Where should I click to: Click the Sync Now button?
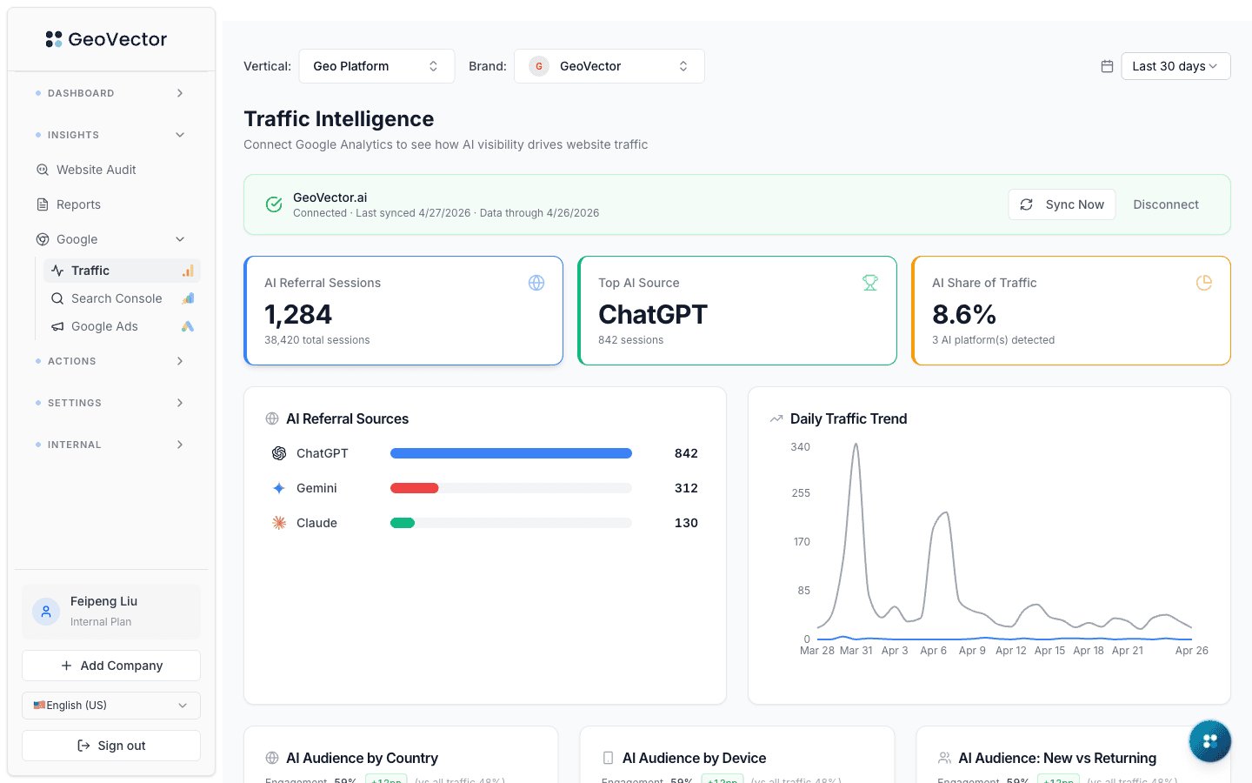(1062, 204)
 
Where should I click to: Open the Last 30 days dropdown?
(1175, 66)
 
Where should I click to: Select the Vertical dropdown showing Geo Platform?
(376, 66)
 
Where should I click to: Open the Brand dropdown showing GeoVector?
(609, 66)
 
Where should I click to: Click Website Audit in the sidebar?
(96, 170)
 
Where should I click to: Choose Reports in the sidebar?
(78, 204)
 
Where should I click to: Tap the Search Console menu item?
(117, 298)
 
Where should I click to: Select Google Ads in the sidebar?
(104, 326)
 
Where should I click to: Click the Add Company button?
(111, 666)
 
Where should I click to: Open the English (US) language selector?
(111, 706)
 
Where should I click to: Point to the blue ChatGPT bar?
(510, 453)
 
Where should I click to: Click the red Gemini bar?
(415, 488)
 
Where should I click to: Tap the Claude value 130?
(686, 523)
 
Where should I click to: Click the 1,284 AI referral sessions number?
(298, 314)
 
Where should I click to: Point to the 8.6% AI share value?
(963, 314)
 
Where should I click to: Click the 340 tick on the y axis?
(800, 447)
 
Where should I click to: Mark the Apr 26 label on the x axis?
(1191, 651)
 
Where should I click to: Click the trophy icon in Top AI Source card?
(869, 283)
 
